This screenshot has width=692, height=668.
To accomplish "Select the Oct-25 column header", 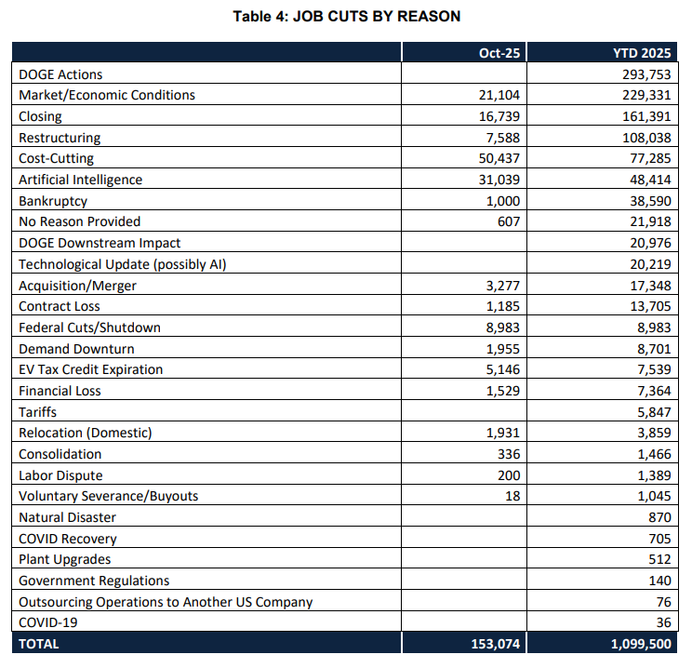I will point(499,53).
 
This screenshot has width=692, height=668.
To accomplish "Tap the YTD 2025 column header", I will point(642,53).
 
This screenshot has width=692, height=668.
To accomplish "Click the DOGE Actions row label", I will point(60,74).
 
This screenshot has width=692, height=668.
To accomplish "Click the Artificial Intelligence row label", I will point(80,180).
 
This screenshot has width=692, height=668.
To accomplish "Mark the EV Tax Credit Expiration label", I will point(90,369).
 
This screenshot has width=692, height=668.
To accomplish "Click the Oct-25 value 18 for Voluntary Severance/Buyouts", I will point(512,496).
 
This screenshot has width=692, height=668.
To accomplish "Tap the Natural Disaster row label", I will point(68,517).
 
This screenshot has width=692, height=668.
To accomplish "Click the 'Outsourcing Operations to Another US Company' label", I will point(166,602).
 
